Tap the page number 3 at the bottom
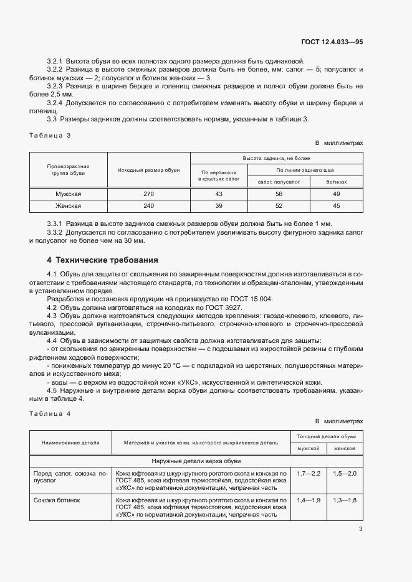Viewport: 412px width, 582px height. pos(360,529)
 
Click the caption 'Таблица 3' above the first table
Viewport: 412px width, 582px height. pos(50,134)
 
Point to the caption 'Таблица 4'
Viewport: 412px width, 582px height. pos(50,413)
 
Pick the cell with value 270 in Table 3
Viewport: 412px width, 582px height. pos(148,194)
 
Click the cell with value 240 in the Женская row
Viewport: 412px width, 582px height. pos(148,206)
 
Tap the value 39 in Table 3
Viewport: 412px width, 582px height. pos(218,206)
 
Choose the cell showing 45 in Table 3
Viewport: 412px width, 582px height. pos(336,206)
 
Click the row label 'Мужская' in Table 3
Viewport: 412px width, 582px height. pos(69,194)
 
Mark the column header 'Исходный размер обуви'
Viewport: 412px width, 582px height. pos(148,169)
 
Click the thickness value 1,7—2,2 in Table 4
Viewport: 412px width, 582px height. pos(309,474)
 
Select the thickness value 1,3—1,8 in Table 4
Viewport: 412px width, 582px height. pos(345,500)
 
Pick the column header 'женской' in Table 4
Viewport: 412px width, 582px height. pos(345,448)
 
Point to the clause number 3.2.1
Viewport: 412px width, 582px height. pos(55,61)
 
